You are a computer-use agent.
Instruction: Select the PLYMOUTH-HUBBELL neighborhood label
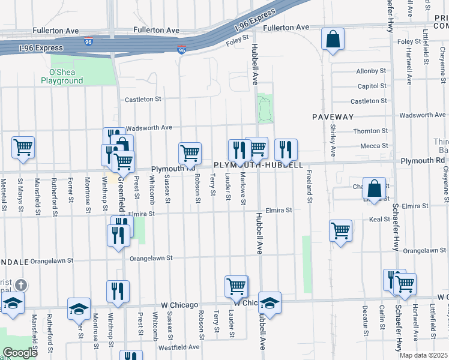258,164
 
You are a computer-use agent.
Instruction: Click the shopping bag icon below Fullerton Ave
333,40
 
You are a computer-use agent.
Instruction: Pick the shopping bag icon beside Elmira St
374,189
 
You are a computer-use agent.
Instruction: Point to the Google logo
19,353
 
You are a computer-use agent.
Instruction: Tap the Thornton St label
370,131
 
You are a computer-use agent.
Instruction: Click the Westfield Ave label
178,347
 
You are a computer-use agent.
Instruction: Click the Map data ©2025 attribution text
424,355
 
